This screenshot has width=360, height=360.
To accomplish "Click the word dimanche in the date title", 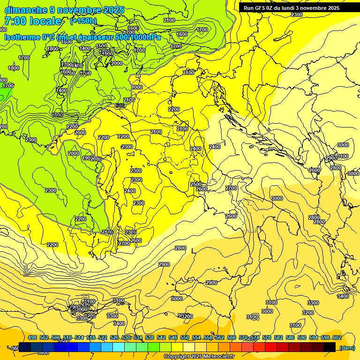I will pyautogui.click(x=25, y=10).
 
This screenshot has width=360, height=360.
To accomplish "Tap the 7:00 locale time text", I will pyautogui.click(x=33, y=21).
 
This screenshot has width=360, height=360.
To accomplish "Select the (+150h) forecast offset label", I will pyautogui.click(x=83, y=21).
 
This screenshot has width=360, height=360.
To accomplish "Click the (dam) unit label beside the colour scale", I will pyautogui.click(x=347, y=348).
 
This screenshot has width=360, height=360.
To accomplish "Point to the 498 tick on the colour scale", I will pyautogui.click(x=32, y=338).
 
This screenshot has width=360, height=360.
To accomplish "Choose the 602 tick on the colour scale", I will pyautogui.click(x=337, y=338).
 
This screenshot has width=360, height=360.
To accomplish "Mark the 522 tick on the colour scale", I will pyautogui.click(x=103, y=338).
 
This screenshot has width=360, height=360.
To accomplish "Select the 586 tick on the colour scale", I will pyautogui.click(x=290, y=338).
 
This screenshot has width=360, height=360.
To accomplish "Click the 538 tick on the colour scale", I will pyautogui.click(x=150, y=338).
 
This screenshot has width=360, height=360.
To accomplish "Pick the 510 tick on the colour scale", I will pyautogui.click(x=67, y=338).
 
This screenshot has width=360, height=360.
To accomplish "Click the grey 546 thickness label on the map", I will pyautogui.click(x=120, y=106).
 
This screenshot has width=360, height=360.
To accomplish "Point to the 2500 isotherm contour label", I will pyautogui.click(x=195, y=184).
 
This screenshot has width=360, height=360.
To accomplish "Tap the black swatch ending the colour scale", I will pyautogui.click(x=330, y=347).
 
